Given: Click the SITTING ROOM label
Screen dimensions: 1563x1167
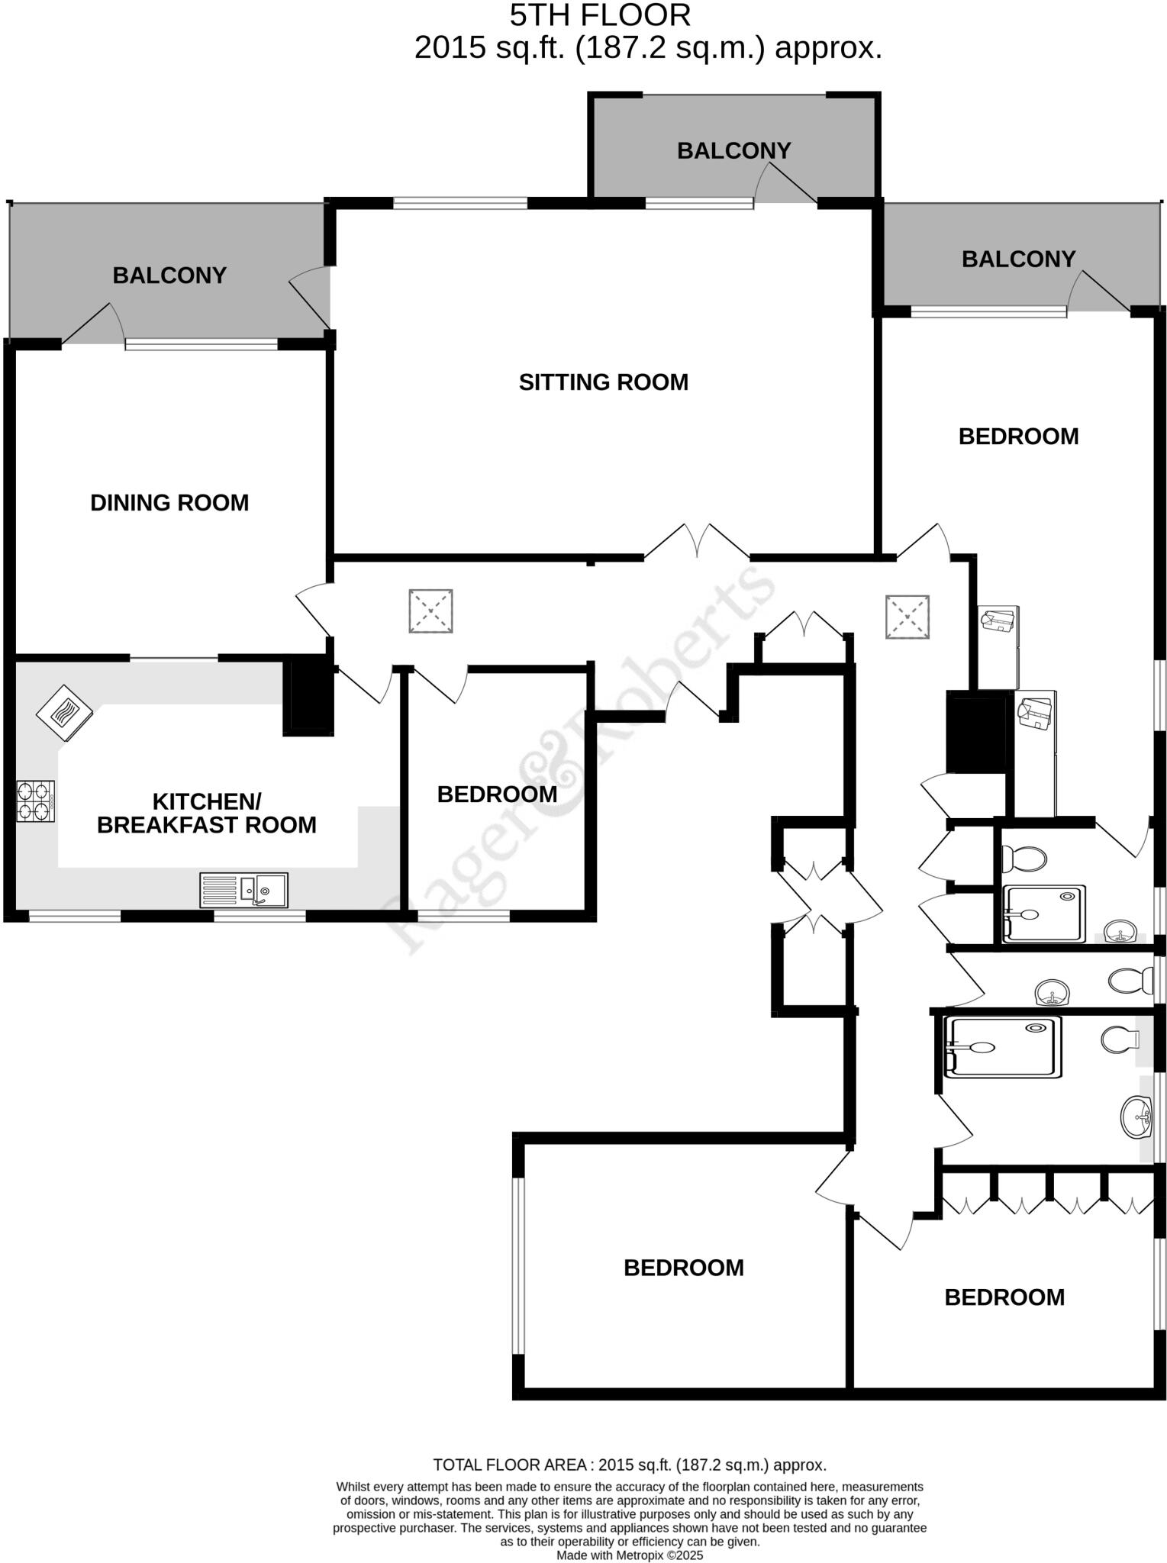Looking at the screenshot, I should (603, 382).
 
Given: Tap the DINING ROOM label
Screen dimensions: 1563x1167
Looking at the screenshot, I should (169, 502).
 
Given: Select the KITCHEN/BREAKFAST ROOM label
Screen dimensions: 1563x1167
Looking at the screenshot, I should (207, 813).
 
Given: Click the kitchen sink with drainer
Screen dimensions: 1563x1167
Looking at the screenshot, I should (243, 890).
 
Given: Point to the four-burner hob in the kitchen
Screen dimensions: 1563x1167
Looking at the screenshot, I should (36, 801).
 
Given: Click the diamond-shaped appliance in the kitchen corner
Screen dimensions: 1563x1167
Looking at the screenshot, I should (65, 714).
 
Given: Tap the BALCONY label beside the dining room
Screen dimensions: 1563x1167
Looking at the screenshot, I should (169, 275).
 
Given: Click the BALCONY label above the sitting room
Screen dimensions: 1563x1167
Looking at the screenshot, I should (733, 150).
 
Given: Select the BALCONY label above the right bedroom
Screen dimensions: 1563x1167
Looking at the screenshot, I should (1018, 259).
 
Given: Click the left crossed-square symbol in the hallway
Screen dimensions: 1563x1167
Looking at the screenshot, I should (430, 611).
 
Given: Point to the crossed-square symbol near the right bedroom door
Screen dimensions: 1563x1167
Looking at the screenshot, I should (907, 617).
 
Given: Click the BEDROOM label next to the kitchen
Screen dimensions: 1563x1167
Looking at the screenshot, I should (497, 794).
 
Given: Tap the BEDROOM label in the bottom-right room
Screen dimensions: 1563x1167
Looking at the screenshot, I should (1004, 1297).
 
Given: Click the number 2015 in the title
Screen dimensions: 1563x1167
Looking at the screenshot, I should (450, 48).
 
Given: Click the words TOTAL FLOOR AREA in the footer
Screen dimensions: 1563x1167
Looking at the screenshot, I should (509, 1465).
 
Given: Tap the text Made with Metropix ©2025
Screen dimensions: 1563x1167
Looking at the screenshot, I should (629, 1555).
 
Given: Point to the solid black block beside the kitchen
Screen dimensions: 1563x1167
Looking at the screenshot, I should (308, 696).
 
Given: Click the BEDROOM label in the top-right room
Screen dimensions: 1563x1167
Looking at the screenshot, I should (1018, 437).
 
